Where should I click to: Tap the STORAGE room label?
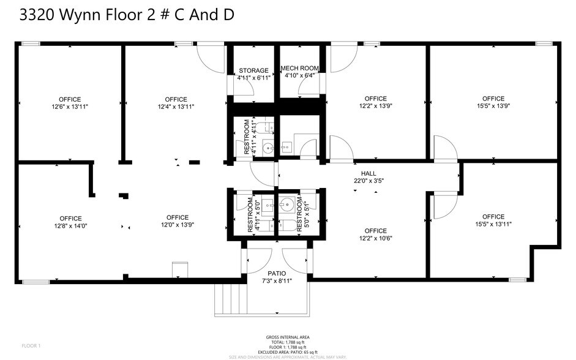pyautogui.click(x=253, y=70)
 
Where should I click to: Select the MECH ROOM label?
pyautogui.click(x=299, y=68)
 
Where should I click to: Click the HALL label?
pyautogui.click(x=368, y=173)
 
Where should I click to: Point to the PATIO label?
pyautogui.click(x=277, y=273)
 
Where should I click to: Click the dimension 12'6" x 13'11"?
pyautogui.click(x=70, y=107)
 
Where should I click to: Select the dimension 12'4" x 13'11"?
pyautogui.click(x=176, y=107)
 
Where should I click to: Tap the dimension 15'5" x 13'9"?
pyautogui.click(x=493, y=106)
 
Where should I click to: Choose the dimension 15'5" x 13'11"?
pyautogui.click(x=493, y=224)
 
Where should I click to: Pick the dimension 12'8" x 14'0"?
pyautogui.click(x=70, y=226)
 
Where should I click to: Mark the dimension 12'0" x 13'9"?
pyautogui.click(x=177, y=225)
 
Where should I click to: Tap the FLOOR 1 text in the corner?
pyautogui.click(x=31, y=346)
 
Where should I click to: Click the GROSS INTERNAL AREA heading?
pyautogui.click(x=288, y=337)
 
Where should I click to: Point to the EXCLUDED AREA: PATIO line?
pyautogui.click(x=288, y=352)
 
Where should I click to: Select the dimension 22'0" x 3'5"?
pyautogui.click(x=368, y=181)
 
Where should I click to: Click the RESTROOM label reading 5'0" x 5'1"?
pyautogui.click(x=299, y=214)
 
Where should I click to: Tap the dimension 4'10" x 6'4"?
pyautogui.click(x=299, y=76)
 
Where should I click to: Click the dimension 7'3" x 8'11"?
pyautogui.click(x=277, y=281)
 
